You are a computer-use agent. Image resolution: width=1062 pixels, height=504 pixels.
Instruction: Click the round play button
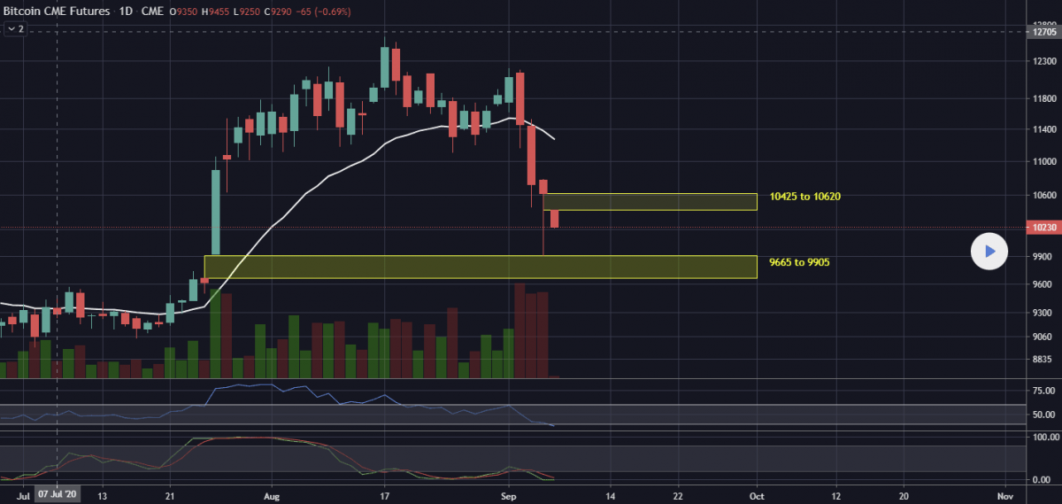pos(989,252)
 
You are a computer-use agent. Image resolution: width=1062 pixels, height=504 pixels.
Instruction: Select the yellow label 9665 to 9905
pos(799,262)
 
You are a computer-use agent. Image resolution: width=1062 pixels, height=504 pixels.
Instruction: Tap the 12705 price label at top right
pos(1032,31)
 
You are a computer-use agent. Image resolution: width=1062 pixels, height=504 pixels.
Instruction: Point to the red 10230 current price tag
pos(1032,228)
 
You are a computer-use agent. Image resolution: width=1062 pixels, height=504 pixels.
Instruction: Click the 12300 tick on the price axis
pos(1032,61)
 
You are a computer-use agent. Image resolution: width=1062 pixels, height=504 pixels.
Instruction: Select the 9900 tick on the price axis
pos(1032,256)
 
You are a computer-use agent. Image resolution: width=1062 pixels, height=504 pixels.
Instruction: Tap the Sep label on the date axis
pos(507,496)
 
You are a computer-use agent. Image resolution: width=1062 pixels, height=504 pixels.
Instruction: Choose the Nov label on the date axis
pos(1004,496)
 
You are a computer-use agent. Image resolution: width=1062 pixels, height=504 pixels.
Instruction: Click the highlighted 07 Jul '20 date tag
pos(58,496)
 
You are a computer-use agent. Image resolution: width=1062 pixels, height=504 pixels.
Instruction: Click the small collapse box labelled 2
pos(15,28)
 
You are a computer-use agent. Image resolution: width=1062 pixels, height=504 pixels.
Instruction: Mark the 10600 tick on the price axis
pos(1032,195)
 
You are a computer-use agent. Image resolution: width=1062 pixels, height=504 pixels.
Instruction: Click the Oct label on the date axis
pos(757,496)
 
